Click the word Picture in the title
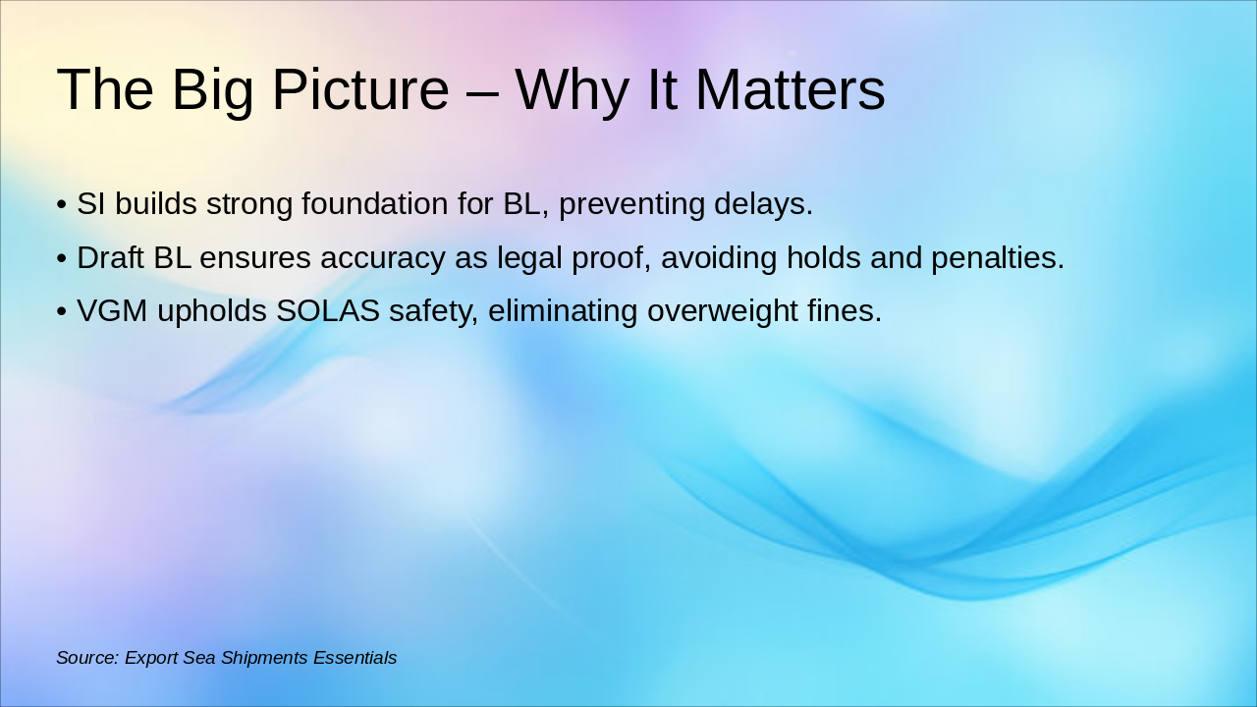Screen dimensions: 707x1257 click(359, 89)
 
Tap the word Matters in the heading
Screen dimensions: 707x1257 click(790, 89)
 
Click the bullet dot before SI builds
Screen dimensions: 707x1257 click(62, 205)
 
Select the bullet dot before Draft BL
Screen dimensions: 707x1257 click(62, 259)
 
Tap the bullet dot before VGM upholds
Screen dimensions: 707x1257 click(62, 312)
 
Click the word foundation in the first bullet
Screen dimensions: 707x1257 click(375, 204)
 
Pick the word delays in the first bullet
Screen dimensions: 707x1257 click(762, 204)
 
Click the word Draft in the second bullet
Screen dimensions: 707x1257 click(111, 258)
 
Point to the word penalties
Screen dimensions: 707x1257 click(997, 258)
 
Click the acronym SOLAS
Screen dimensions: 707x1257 click(328, 311)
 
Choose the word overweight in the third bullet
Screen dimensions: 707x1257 click(721, 311)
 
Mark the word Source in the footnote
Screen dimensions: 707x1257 click(86, 658)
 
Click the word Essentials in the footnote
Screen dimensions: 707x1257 click(355, 658)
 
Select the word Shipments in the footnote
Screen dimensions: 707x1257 click(264, 658)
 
